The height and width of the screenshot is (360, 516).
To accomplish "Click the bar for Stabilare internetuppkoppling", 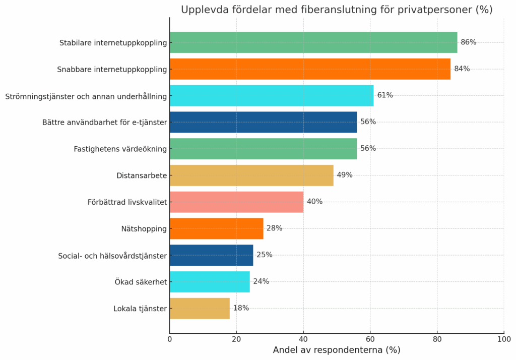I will (313, 42).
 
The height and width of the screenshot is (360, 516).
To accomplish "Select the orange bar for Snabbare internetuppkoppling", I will (310, 69).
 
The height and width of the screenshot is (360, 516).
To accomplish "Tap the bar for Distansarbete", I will (251, 175).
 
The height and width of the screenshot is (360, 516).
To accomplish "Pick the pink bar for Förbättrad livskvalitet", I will (236, 202).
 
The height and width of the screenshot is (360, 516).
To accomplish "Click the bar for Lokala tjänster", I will (200, 309).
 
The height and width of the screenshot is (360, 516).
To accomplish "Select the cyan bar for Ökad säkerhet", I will (210, 282).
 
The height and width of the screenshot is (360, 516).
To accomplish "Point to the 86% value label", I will (468, 42).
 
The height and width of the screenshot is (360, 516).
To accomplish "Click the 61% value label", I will (385, 95).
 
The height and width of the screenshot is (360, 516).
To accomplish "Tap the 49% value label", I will (345, 175).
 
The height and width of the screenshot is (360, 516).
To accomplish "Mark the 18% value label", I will (241, 308).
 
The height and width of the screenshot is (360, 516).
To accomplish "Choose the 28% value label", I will (274, 228).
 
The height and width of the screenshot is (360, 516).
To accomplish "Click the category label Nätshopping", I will (144, 229).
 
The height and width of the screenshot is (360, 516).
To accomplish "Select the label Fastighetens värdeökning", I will (120, 149).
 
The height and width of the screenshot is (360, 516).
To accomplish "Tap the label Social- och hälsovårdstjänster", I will (112, 256).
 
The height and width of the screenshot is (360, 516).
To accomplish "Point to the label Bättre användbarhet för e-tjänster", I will (104, 122).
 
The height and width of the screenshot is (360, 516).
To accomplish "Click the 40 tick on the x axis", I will (303, 339).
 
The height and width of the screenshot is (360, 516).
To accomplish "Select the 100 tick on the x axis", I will (504, 339).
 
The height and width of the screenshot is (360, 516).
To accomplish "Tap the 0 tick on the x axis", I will (170, 339).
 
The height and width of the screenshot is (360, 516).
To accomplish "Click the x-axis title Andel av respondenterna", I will (336, 350).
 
